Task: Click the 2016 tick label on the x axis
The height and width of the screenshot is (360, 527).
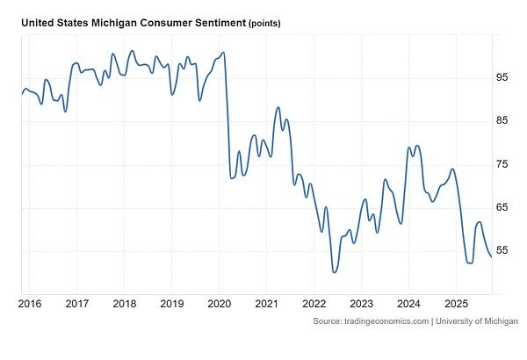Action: (x=29, y=302)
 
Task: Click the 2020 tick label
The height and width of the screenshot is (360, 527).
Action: (x=219, y=302)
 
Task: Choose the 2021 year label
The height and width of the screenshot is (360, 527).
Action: (x=266, y=302)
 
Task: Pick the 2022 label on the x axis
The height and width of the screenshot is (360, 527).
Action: (x=314, y=302)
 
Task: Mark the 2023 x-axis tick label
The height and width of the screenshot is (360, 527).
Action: (x=361, y=302)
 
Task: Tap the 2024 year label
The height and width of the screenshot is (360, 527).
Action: (x=408, y=302)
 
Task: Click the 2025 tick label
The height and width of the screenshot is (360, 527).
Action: (x=456, y=302)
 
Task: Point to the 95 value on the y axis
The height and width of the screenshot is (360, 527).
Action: (x=502, y=78)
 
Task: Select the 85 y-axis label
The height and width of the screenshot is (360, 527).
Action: (x=502, y=121)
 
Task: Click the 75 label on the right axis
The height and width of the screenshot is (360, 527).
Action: (x=502, y=164)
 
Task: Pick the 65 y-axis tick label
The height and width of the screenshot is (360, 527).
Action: (x=502, y=207)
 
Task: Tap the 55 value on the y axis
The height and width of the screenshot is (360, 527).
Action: (x=502, y=250)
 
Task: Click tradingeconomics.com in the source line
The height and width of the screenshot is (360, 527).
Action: (x=384, y=322)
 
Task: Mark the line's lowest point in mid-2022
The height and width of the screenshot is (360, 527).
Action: (x=334, y=271)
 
